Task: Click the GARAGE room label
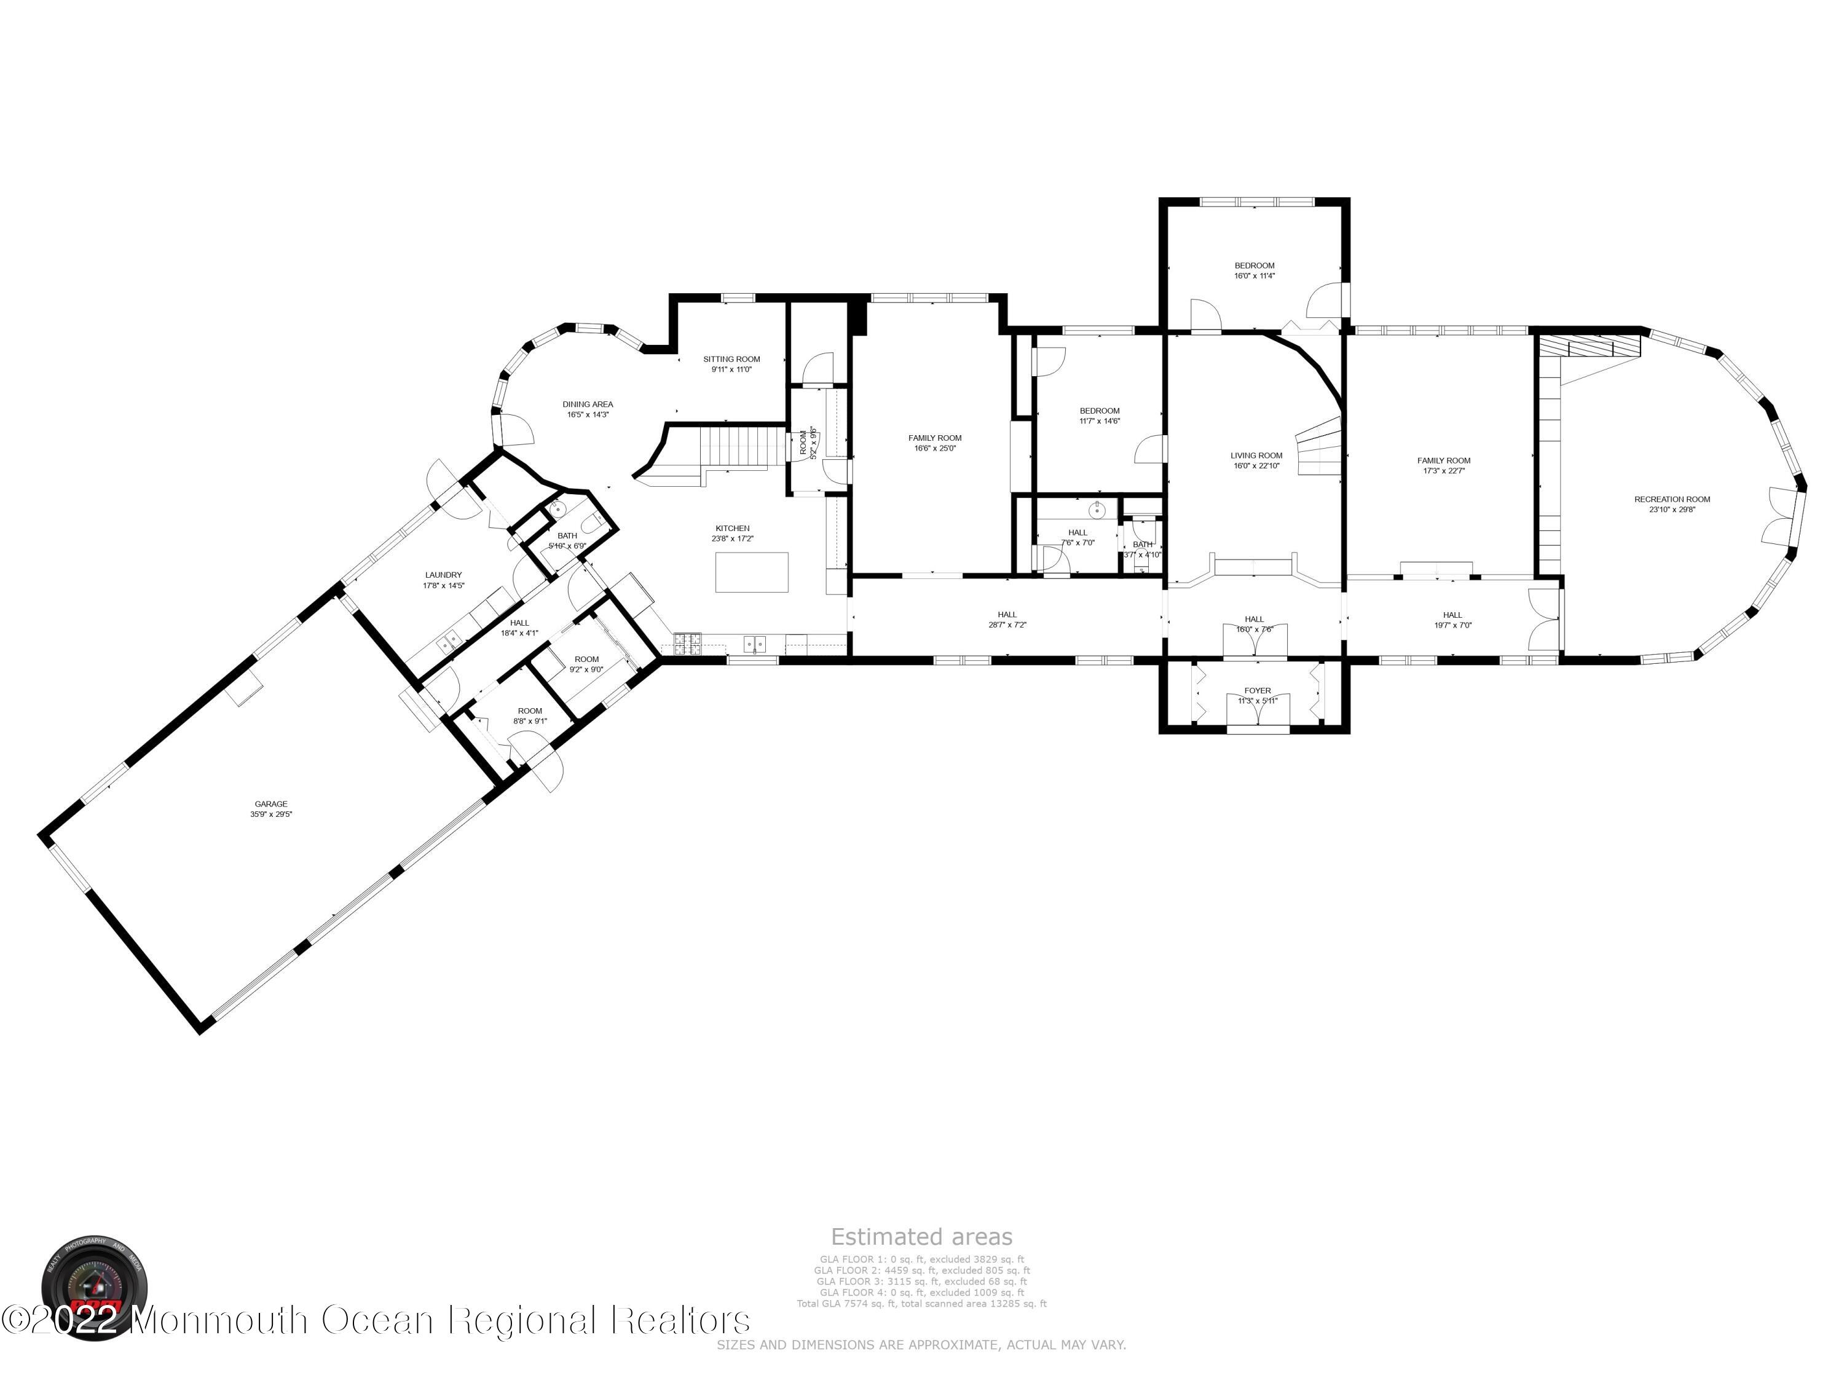[x=271, y=805]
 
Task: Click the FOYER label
[x=1257, y=690]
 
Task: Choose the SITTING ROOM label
[x=731, y=360]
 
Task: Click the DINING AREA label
[x=588, y=404]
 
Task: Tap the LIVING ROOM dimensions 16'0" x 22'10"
[x=1256, y=466]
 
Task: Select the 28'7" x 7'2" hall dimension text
[x=1007, y=625]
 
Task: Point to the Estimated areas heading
[x=921, y=1236]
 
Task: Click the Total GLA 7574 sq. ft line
[x=921, y=1304]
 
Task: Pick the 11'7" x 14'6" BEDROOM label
[x=1100, y=411]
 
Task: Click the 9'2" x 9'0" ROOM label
[x=586, y=660]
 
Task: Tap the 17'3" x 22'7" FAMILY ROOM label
[x=1444, y=460]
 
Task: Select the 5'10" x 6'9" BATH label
[x=567, y=536]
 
